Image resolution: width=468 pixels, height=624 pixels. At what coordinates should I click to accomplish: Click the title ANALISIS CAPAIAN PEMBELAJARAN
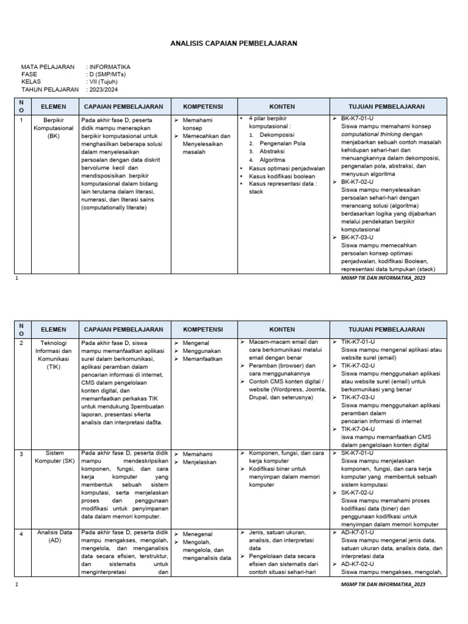click(x=233, y=44)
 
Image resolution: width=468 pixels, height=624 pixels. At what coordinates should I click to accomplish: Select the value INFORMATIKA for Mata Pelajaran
click(x=110, y=67)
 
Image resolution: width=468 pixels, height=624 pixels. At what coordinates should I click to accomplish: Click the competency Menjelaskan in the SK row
click(x=200, y=462)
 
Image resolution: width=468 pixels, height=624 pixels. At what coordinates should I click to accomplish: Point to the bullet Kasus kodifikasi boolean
click(x=282, y=176)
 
